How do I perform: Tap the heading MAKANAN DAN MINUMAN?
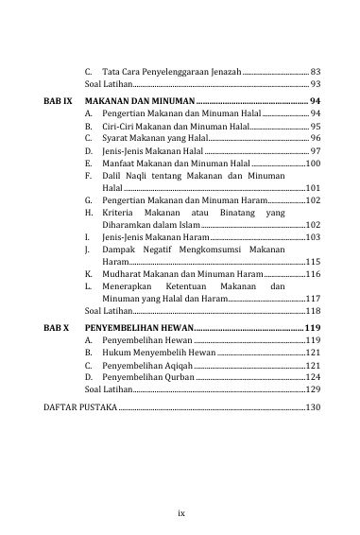click(139, 99)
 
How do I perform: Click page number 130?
click(314, 407)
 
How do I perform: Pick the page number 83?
click(316, 72)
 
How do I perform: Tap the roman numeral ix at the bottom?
click(180, 487)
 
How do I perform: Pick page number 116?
click(314, 272)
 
